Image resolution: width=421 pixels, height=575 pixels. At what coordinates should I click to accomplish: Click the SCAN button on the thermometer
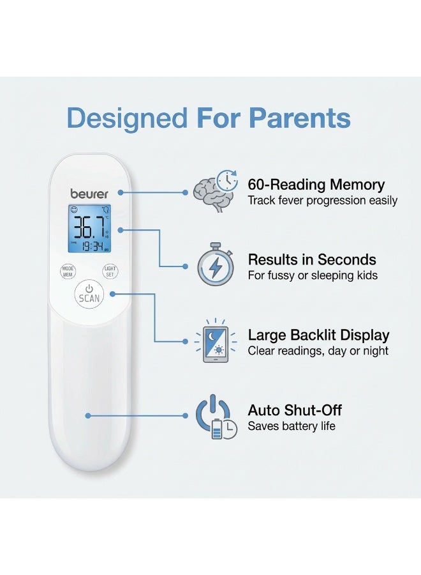coord(89,295)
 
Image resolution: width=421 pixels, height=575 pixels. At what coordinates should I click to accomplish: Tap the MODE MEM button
coord(68,272)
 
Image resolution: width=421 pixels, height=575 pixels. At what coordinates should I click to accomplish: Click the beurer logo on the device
coord(89,194)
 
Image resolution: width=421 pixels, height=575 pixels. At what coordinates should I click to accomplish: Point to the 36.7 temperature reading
coord(89,227)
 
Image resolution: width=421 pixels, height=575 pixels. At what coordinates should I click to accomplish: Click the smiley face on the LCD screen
coord(74,210)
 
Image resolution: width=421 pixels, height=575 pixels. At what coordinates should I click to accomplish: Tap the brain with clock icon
coord(216,190)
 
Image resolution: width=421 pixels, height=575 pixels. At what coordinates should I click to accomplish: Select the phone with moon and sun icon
coord(216,341)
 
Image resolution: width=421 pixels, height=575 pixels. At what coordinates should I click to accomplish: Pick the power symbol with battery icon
coord(216,417)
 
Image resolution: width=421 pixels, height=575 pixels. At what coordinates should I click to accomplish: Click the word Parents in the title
coord(300,118)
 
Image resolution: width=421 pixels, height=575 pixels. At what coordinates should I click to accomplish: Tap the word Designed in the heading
coord(127,118)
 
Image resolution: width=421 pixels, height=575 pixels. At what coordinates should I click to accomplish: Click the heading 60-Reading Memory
coord(316,184)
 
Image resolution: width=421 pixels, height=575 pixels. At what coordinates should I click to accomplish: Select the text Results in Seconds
coord(312,259)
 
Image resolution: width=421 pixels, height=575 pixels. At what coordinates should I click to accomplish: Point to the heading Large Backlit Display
coord(318,335)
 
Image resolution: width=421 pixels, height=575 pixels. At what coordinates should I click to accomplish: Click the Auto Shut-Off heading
coord(295,410)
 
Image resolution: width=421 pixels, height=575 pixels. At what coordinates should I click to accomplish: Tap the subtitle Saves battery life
coord(292,426)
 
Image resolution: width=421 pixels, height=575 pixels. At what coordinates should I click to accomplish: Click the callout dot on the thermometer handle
coord(88,416)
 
